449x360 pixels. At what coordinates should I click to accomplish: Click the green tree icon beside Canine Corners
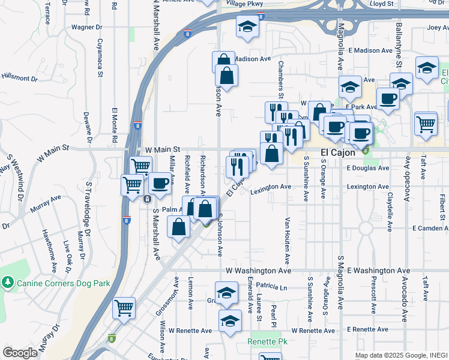tap(7, 281)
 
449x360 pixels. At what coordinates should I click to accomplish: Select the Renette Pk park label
tap(264, 342)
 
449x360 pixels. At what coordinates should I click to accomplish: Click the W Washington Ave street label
tap(258, 271)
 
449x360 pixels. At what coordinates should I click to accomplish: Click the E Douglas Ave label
tap(369, 168)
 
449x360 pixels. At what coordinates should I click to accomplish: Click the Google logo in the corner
tap(20, 353)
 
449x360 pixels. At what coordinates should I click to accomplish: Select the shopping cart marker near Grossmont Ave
tap(124, 308)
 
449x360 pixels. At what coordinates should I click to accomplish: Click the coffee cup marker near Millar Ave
tap(159, 183)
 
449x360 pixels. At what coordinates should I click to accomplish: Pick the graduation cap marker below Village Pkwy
tap(247, 26)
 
